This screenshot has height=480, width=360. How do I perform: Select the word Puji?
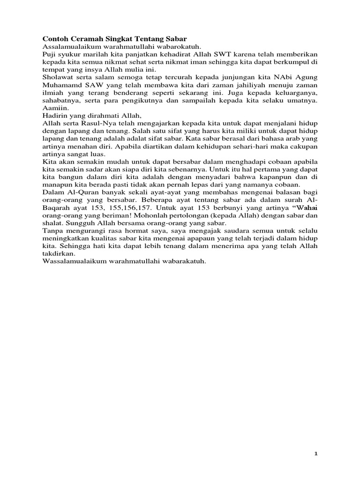(50, 54)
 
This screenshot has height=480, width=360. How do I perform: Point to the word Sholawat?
(57, 77)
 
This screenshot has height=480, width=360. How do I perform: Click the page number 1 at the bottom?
(316, 454)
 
